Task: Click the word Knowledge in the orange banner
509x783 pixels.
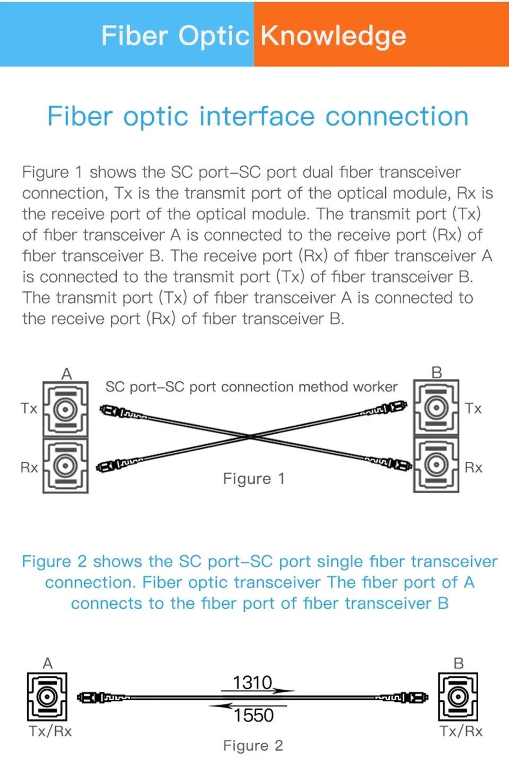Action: tap(333, 36)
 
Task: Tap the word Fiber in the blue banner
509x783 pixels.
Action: tap(134, 36)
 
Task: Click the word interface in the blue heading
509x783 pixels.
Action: tap(257, 116)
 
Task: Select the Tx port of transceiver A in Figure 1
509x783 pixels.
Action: tap(65, 409)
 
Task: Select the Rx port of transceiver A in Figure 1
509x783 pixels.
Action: tap(65, 465)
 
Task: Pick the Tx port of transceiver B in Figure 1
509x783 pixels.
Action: tap(436, 407)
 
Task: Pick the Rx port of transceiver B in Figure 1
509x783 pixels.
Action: tap(436, 464)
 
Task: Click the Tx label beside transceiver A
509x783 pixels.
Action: tap(29, 409)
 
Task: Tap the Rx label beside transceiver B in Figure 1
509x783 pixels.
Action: tap(473, 468)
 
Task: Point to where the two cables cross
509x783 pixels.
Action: tap(251, 436)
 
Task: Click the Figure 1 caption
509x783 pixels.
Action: tap(253, 479)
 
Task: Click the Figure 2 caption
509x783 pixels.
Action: tap(253, 746)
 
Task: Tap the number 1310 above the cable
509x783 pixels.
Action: tap(252, 682)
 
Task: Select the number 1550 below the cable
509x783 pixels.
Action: tap(253, 716)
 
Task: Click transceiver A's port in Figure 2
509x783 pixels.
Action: tap(47, 697)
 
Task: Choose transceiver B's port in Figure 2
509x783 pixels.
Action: tap(458, 697)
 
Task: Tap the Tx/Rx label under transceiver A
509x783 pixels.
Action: tap(50, 732)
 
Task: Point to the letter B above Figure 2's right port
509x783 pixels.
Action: tap(459, 663)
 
